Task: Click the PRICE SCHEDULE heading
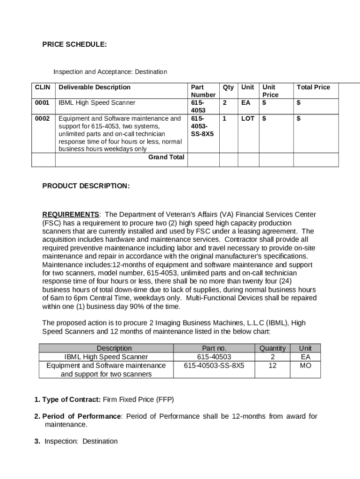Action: click(74, 44)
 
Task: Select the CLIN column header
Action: click(43, 87)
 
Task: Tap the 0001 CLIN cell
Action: click(42, 102)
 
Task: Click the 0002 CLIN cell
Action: click(42, 118)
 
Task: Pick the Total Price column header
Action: click(313, 87)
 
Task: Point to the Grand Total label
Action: click(166, 157)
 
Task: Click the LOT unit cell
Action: click(247, 118)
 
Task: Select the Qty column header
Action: click(228, 87)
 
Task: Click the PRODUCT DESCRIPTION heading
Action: click(86, 186)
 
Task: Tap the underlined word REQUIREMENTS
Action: click(71, 215)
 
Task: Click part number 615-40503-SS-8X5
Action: click(214, 365)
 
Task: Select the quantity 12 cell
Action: click(272, 365)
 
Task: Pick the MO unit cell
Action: click(305, 365)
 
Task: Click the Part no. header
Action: click(214, 348)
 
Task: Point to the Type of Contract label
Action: click(71, 399)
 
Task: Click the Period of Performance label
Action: click(81, 416)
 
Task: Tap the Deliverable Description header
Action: click(94, 87)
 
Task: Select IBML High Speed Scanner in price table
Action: click(97, 102)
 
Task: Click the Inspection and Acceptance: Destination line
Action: click(110, 72)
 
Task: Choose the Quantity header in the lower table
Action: click(272, 348)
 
